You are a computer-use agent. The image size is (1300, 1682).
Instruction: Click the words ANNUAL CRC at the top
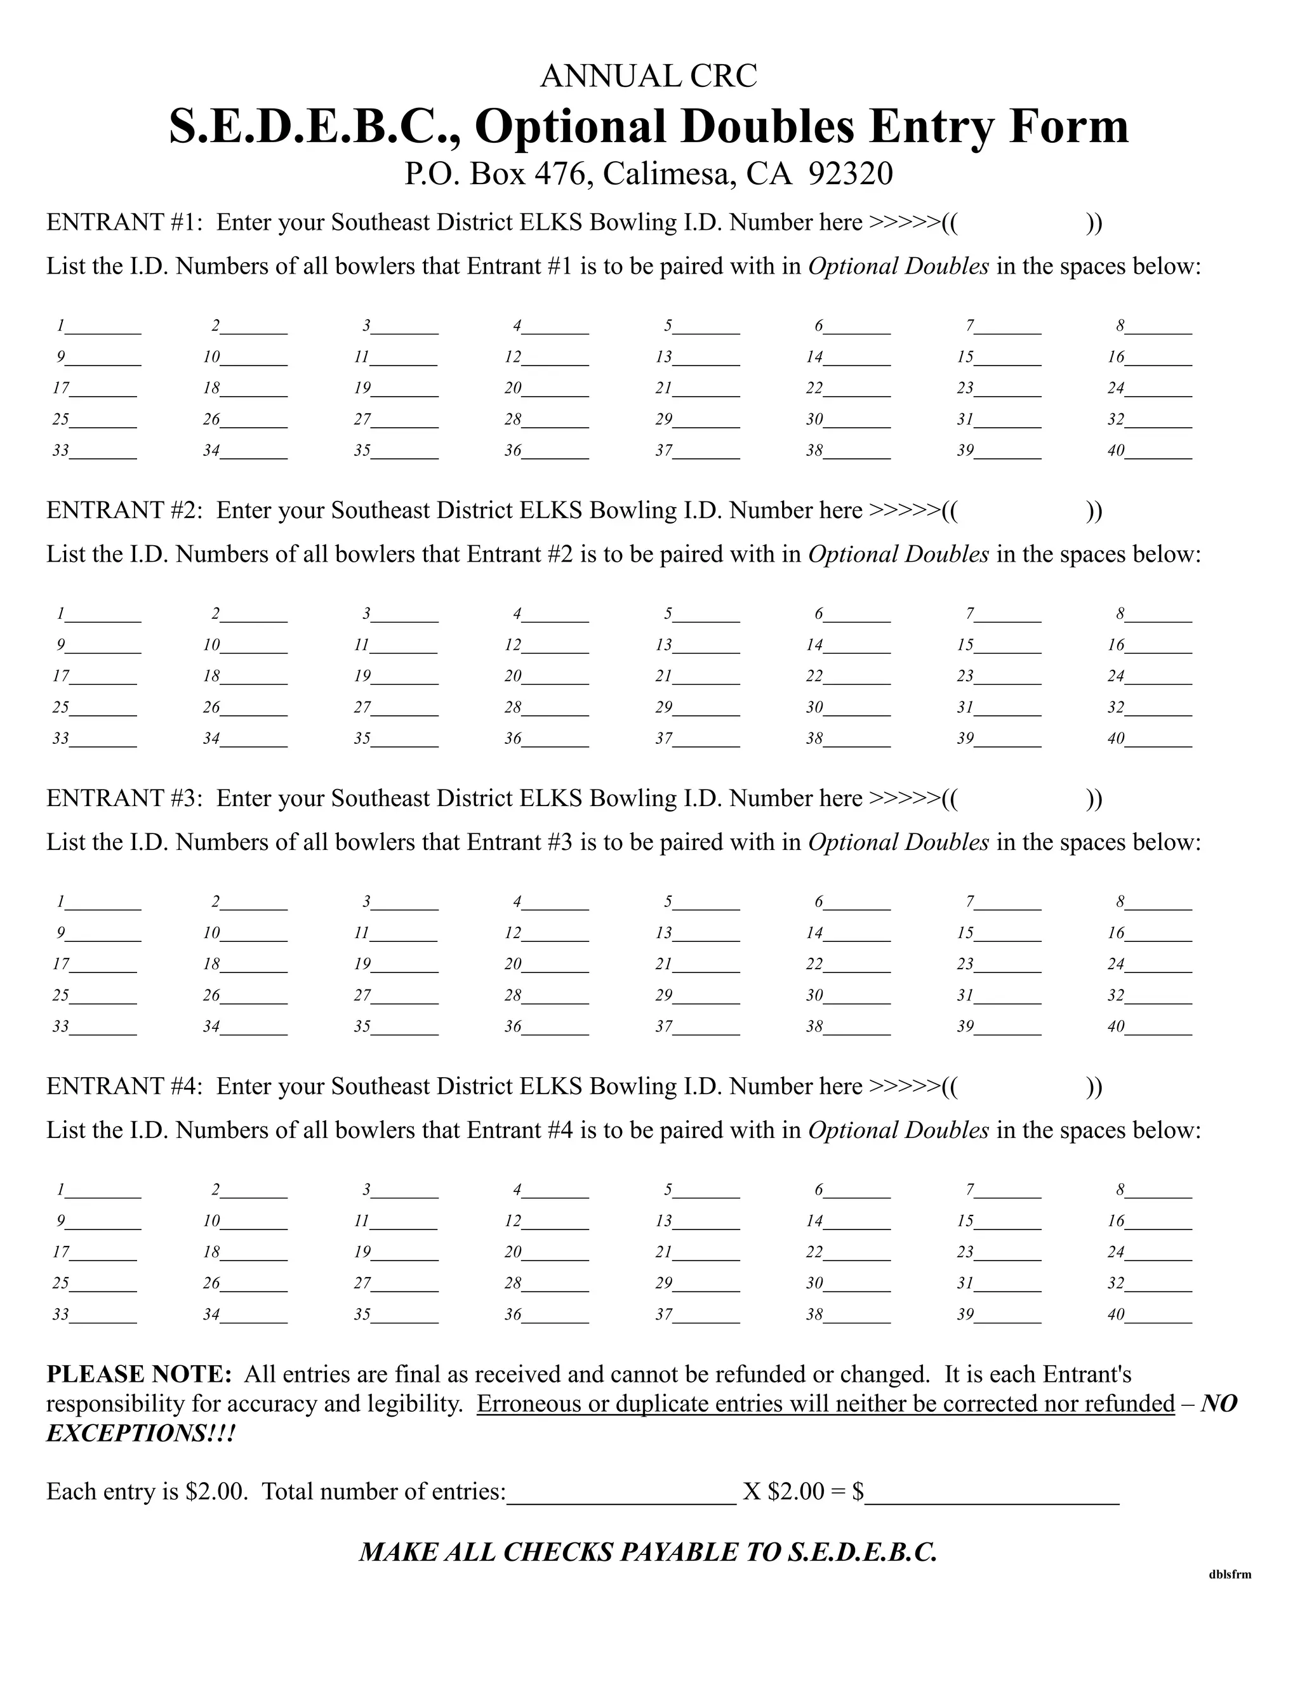tap(649, 76)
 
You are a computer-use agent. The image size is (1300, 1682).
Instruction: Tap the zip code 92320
tap(850, 174)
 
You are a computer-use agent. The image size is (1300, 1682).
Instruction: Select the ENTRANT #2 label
tap(123, 510)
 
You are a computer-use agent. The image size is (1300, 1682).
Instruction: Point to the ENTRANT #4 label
tap(123, 1087)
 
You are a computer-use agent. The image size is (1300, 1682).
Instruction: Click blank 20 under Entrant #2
tap(555, 677)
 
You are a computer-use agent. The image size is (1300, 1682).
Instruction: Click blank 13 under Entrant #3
tap(706, 934)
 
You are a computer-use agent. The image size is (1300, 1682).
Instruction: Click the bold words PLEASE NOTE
tap(138, 1375)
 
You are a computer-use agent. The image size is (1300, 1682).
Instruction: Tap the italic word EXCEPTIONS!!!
tap(141, 1433)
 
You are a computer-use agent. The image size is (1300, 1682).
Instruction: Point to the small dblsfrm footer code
tap(1230, 1574)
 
